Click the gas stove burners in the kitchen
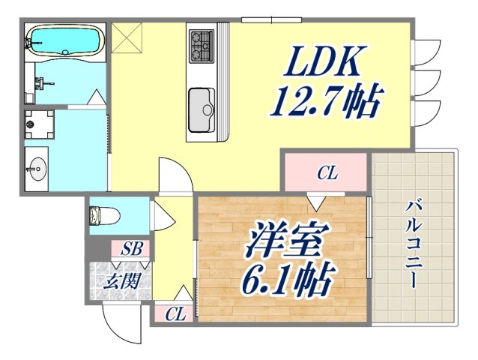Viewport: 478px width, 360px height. (201, 44)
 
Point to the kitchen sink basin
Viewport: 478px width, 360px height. (202, 109)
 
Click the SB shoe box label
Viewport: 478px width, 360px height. (131, 248)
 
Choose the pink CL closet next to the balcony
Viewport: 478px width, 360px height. (326, 174)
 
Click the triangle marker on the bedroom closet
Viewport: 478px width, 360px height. (315, 201)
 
